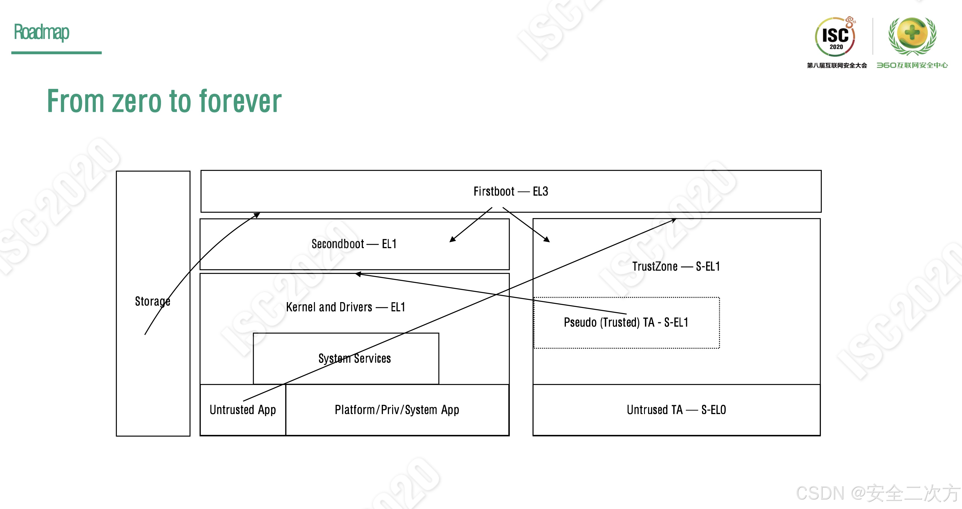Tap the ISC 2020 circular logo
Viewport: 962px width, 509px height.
835,37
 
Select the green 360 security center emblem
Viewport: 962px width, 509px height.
912,35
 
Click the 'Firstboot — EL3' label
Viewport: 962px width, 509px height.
510,191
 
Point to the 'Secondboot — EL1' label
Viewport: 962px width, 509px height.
354,244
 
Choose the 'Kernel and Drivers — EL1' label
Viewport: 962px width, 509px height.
345,307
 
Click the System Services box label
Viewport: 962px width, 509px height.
354,358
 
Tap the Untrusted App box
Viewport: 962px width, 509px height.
243,410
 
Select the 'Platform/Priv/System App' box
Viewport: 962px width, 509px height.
396,410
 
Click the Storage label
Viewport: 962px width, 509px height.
152,301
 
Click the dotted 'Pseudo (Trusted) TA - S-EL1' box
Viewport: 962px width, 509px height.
626,322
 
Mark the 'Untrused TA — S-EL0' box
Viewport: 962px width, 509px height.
676,410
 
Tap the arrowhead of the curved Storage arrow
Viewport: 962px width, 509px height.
257,215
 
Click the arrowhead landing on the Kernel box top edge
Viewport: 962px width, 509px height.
358,274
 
